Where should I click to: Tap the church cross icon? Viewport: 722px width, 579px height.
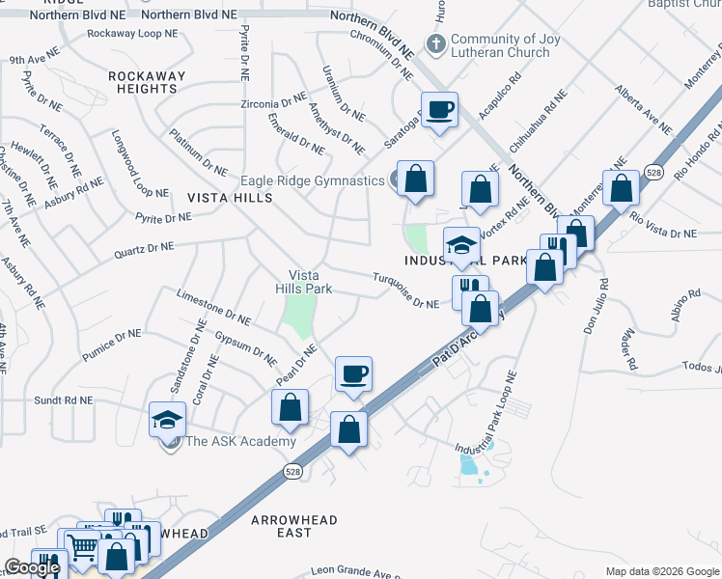coord(435,42)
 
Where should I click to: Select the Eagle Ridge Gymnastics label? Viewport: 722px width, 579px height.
coord(312,180)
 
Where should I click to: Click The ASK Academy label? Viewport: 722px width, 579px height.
coord(240,442)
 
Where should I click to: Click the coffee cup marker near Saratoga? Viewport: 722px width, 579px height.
coord(439,110)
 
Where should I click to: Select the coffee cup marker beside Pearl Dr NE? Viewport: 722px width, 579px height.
coord(353,374)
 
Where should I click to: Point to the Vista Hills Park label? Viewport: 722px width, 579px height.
coord(297,281)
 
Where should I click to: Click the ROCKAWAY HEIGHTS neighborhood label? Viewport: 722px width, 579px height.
coord(142,82)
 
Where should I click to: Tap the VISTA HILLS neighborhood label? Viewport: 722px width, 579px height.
coord(231,197)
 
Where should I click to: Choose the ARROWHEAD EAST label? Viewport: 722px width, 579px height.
coord(294,526)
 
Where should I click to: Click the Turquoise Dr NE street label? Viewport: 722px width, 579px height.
coord(405,290)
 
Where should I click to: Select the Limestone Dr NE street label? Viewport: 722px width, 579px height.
coord(213,306)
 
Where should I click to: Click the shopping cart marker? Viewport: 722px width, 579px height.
coord(82,548)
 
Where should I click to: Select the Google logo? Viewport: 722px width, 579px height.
coord(32,568)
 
